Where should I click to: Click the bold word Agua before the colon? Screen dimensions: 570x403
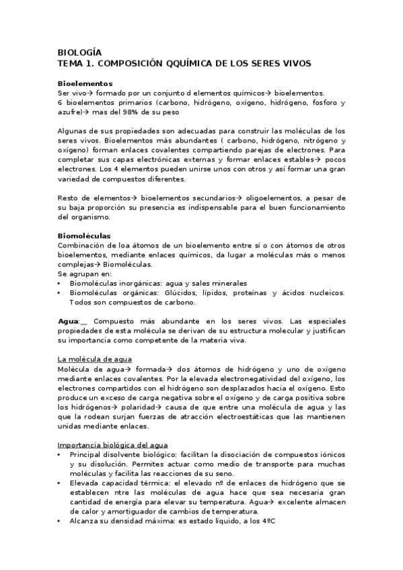(x=68, y=321)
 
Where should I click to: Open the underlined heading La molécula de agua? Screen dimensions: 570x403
(x=95, y=360)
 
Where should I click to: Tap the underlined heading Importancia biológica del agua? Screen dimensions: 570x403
(x=108, y=444)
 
